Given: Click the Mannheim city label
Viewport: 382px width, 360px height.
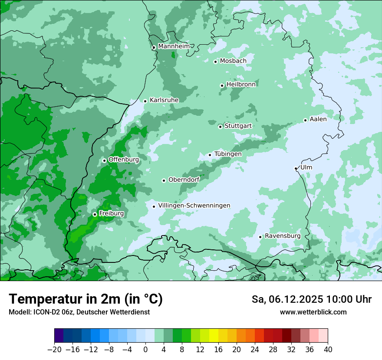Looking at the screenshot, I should tap(174, 46).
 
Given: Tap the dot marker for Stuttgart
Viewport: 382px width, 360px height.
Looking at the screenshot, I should tap(220, 127).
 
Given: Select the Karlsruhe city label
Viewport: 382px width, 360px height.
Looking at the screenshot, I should tap(164, 100).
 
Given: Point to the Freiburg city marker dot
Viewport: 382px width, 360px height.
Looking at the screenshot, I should tap(95, 214).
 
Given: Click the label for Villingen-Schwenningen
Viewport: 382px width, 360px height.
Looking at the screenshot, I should tap(194, 206).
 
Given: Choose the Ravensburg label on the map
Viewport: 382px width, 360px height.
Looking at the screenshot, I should tap(283, 236).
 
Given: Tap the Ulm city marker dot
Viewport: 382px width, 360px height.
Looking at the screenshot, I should tap(296, 168).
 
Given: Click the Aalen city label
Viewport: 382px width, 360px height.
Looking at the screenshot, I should tap(318, 119).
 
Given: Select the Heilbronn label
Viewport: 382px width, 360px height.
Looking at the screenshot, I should tap(241, 85).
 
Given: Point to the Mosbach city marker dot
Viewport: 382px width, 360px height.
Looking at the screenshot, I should tap(215, 62).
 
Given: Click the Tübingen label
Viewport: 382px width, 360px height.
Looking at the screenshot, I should tap(228, 154).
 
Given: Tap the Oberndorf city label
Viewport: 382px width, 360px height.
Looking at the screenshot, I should tap(184, 180).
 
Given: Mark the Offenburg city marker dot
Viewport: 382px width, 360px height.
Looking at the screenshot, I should tap(104, 160).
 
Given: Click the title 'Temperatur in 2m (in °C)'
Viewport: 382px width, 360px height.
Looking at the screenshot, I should tap(86, 299).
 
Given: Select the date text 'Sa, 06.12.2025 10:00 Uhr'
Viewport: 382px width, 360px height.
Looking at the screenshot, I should tap(312, 299).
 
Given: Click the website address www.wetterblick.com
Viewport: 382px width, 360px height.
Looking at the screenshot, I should tap(313, 312).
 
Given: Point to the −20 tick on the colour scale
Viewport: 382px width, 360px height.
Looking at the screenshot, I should tap(54, 350).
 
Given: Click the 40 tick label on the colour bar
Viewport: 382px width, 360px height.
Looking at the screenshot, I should tap(328, 350).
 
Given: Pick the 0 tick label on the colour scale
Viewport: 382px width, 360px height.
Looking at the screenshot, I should tap(145, 350).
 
